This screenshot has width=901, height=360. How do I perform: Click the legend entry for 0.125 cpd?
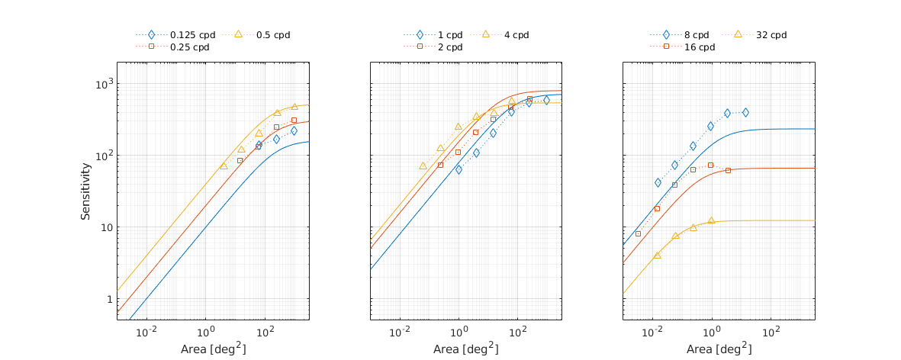(x=192, y=35)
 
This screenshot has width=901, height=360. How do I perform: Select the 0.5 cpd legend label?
(x=272, y=35)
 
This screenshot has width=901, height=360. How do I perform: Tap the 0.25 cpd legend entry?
(x=190, y=47)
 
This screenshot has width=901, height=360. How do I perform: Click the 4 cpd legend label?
(x=516, y=35)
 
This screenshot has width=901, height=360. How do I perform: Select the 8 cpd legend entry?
(x=697, y=35)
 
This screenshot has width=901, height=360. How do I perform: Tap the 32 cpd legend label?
(x=771, y=35)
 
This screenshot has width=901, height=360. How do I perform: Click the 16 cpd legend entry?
(x=700, y=47)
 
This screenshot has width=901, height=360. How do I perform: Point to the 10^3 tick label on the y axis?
(x=102, y=84)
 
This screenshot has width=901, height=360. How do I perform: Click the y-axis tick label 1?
(x=108, y=299)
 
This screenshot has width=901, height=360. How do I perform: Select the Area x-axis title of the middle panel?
(x=466, y=349)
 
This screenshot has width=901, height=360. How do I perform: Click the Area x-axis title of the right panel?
(x=719, y=349)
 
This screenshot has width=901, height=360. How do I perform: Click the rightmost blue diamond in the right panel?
(x=745, y=113)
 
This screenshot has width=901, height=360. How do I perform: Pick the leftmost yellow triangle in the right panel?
(x=657, y=256)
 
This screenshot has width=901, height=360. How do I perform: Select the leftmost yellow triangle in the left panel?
(x=224, y=166)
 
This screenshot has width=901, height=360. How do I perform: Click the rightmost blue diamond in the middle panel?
(x=546, y=100)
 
